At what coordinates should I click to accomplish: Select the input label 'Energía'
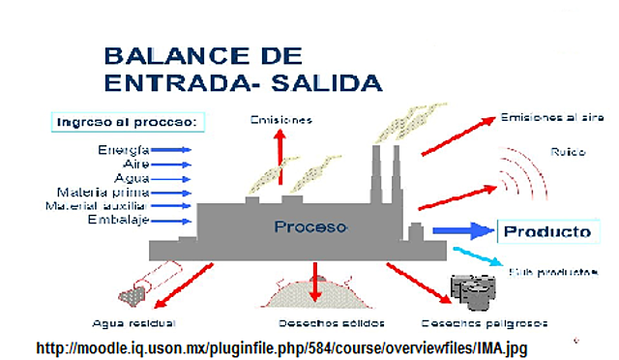click(123, 150)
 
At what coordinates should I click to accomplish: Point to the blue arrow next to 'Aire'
click(172, 165)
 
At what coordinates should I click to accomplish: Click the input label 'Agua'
click(131, 178)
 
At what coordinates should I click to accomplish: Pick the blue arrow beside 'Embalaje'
click(172, 221)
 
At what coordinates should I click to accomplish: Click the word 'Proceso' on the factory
click(309, 227)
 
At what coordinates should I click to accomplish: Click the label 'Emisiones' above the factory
click(280, 120)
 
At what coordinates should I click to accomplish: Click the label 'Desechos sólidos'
click(318, 322)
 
